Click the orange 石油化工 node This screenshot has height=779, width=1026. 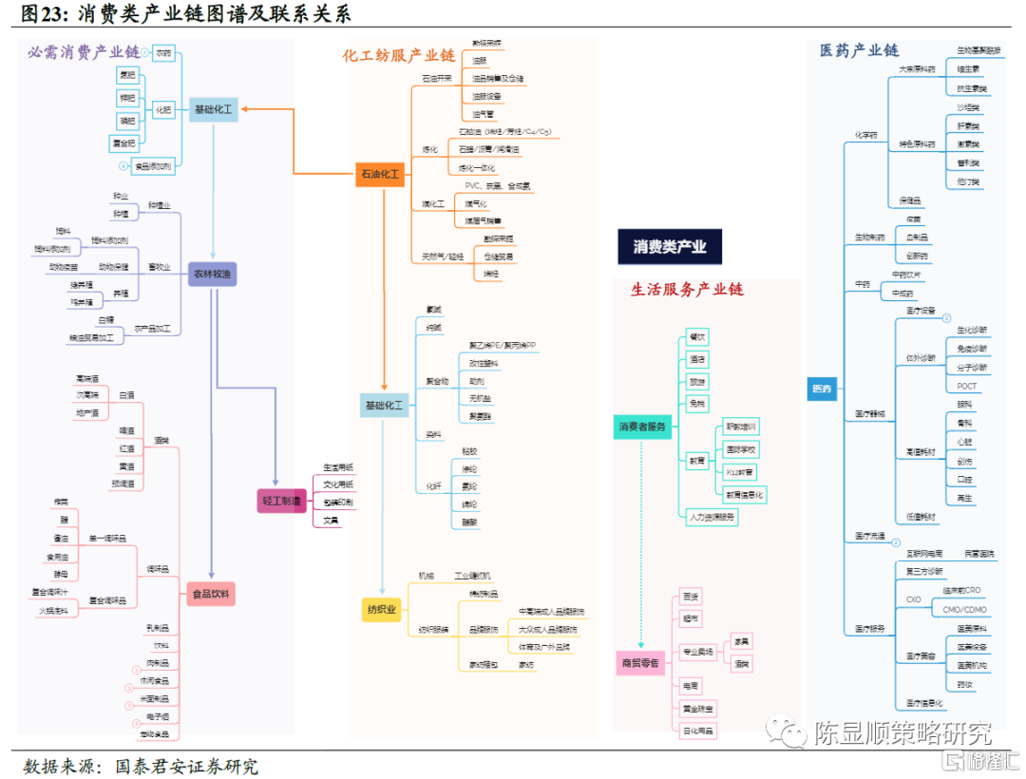[380, 174]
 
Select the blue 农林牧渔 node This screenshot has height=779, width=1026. [212, 275]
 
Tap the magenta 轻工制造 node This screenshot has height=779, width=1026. [282, 501]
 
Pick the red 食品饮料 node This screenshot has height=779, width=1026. [211, 595]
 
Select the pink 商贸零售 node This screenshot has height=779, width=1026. [640, 663]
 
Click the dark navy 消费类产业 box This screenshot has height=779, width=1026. [670, 247]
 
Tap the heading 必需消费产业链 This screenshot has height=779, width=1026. [83, 52]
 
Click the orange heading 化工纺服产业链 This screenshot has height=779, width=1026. [399, 56]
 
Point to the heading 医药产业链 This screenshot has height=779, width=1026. [860, 50]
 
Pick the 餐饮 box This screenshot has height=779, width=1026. [697, 336]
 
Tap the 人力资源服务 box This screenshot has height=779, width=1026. [712, 518]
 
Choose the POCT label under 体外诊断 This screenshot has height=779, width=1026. [966, 386]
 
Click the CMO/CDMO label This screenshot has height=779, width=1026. [964, 610]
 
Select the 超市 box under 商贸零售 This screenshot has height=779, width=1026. [692, 619]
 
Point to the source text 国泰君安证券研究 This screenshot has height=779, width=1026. [186, 766]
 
